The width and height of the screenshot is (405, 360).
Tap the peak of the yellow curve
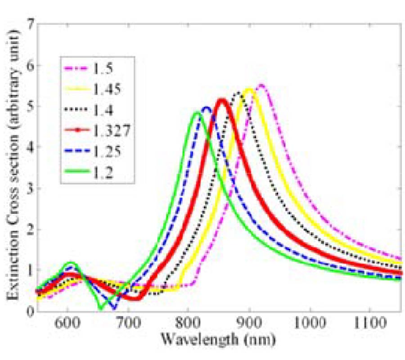click(x=249, y=89)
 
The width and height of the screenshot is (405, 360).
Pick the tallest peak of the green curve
click(x=197, y=112)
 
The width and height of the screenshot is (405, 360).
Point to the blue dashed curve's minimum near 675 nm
click(x=114, y=308)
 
